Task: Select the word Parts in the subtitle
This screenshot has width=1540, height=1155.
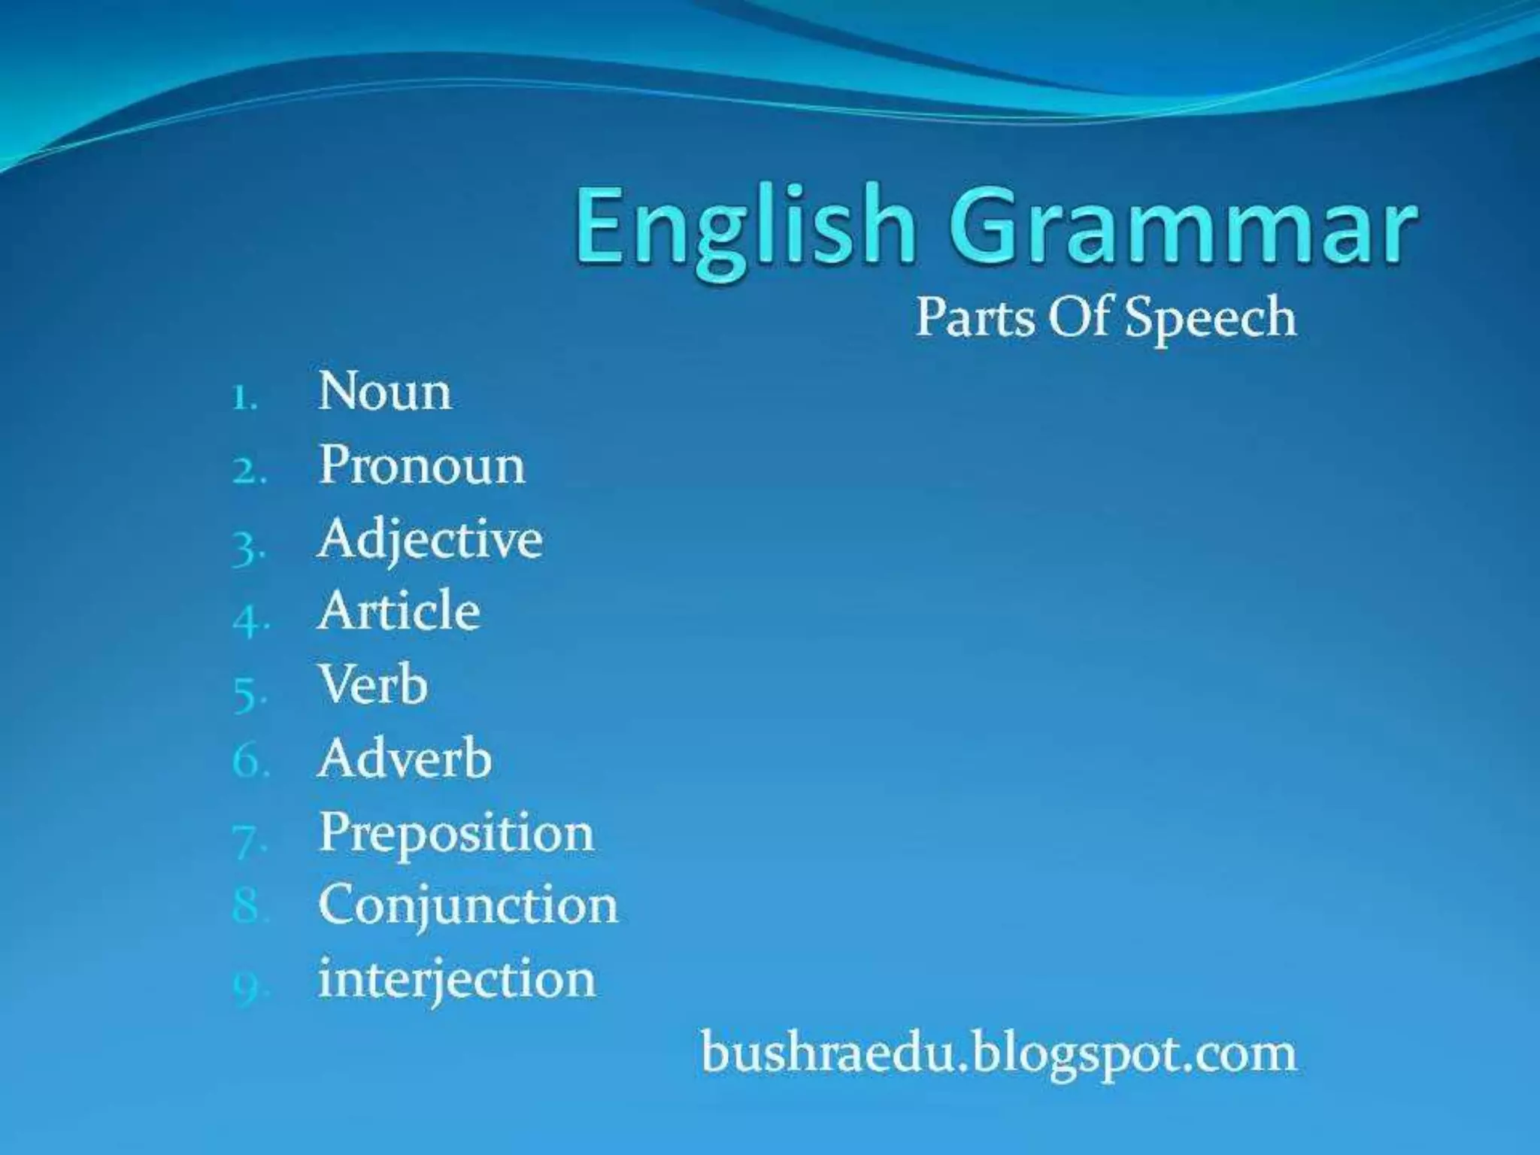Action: coord(975,317)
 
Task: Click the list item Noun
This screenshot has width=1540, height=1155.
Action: coord(384,392)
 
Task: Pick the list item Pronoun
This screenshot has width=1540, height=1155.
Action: coord(422,465)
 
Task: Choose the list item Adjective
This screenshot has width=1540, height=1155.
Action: coord(429,541)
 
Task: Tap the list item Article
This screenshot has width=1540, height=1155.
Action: coord(399,611)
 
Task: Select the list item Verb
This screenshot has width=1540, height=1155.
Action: coord(373,684)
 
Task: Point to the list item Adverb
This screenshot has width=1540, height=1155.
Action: coord(405,758)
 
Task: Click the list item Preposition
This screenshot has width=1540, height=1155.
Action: coord(456,833)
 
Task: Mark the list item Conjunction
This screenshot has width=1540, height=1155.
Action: coord(468,905)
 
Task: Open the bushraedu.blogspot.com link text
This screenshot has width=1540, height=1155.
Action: coord(999,1053)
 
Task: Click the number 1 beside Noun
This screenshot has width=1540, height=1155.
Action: coord(242,399)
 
